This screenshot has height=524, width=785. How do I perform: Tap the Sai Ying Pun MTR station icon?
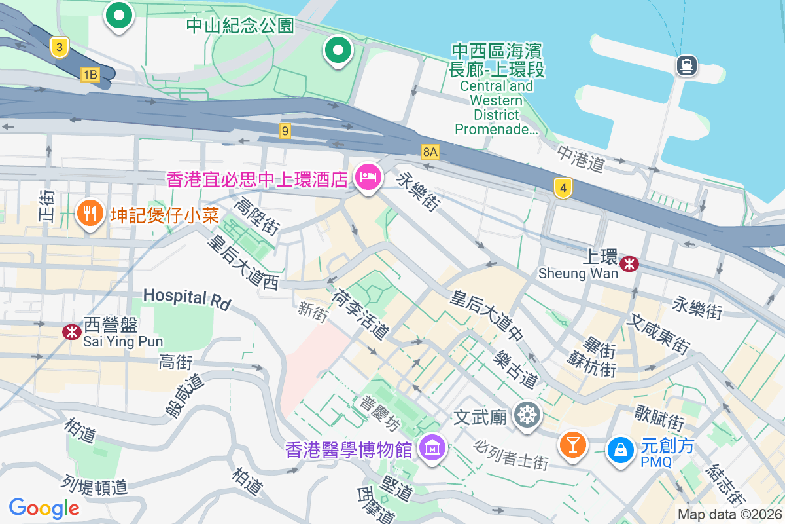tap(71, 332)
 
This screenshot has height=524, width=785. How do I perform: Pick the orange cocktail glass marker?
tap(572, 445)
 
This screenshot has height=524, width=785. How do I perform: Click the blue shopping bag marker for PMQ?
tap(618, 450)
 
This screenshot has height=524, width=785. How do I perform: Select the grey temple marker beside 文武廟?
tap(527, 415)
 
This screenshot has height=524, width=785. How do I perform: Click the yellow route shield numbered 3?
tap(60, 47)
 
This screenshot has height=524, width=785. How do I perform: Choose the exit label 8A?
tap(430, 152)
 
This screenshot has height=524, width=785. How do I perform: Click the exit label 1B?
tap(90, 75)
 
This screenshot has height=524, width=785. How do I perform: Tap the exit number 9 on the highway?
tap(285, 131)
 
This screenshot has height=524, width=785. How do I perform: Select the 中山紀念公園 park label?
tap(240, 26)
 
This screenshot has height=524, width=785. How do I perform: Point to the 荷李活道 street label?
tap(360, 315)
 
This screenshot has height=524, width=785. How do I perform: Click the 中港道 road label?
tap(581, 159)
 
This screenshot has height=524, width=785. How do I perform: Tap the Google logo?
tap(44, 508)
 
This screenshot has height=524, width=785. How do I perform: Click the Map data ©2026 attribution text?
tap(729, 515)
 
